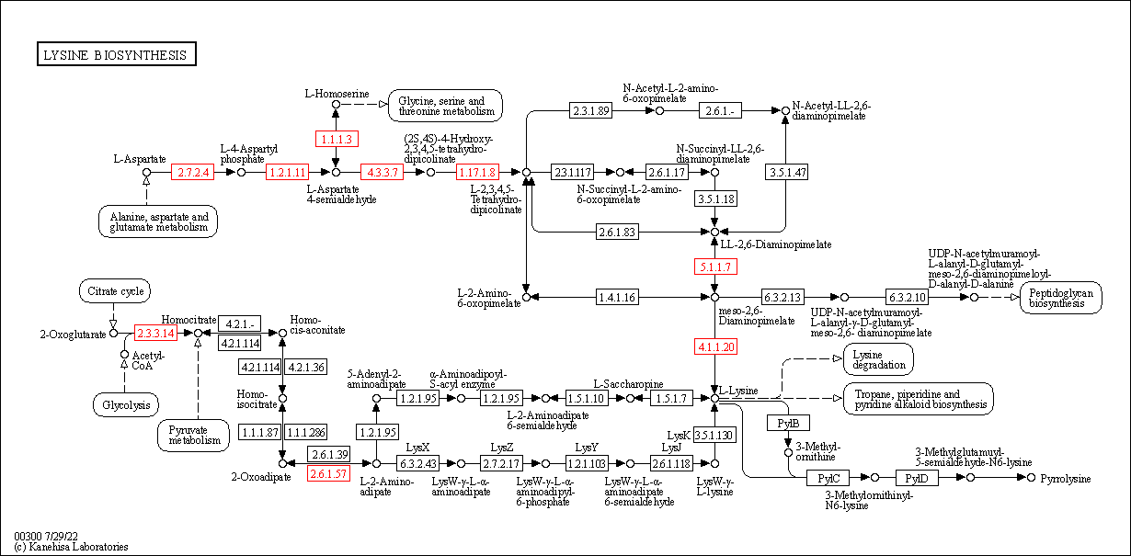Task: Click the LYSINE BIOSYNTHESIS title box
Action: coord(116,55)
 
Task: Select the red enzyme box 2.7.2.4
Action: coord(193,172)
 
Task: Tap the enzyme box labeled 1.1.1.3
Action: coord(336,139)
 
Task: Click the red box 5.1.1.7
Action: coord(714,267)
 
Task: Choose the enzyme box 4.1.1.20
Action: coord(714,346)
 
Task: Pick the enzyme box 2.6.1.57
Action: coord(328,473)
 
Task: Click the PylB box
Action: coord(788,423)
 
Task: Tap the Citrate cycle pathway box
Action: coord(115,292)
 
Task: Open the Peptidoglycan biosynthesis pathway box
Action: coord(1060,297)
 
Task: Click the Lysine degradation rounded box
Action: coord(878,359)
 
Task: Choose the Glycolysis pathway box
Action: coord(126,404)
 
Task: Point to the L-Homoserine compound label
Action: coord(337,94)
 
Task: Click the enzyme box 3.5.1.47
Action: coord(786,172)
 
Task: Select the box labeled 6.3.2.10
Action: coord(908,297)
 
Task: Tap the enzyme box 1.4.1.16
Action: coord(616,297)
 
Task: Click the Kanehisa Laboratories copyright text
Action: coord(71,547)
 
